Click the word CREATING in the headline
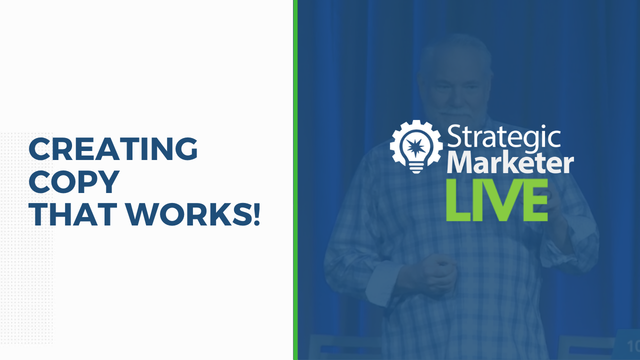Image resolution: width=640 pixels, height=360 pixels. point(113,148)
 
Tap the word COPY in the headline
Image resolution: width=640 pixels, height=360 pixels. point(74,181)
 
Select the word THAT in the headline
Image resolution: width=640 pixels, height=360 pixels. point(73,214)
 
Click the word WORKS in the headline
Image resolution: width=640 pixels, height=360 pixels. point(187,214)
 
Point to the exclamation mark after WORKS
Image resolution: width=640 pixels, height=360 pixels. point(256,214)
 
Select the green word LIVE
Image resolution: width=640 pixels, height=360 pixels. point(497,199)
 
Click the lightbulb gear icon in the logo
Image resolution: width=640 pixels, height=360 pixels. point(416,146)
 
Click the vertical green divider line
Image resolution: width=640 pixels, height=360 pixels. point(295,180)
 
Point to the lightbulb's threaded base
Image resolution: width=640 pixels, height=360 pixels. point(415,167)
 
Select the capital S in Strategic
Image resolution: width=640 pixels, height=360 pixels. point(454,136)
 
